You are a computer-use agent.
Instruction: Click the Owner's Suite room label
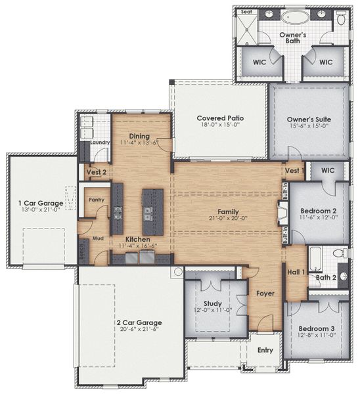[308, 120]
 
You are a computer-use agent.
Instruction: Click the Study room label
[213, 303]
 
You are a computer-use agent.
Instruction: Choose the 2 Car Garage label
[140, 322]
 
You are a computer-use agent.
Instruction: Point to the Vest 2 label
[97, 172]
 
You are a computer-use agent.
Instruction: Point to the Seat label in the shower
[246, 11]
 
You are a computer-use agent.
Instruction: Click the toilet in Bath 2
[339, 253]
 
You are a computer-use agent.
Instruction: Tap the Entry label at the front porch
[265, 350]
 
